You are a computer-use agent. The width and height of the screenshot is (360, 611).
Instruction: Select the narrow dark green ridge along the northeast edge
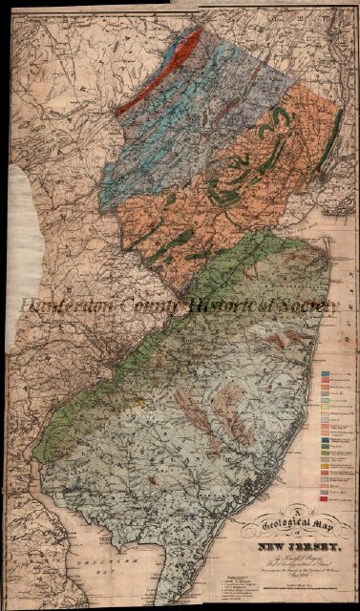pyautogui.click(x=330, y=134)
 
